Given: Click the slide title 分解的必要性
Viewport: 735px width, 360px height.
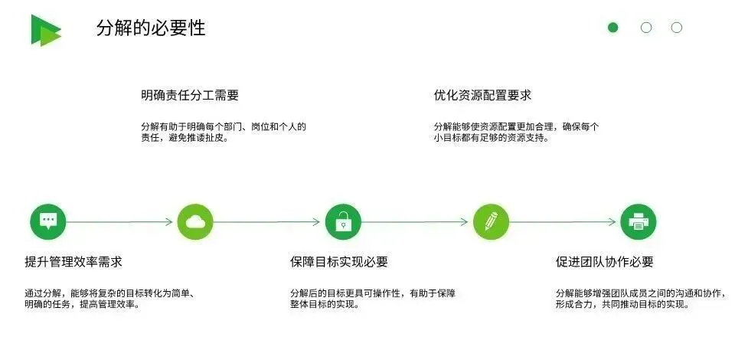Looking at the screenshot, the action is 151,28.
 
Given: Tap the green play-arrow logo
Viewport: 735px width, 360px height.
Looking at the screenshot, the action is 45,30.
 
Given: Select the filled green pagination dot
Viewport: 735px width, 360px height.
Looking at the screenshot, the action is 612,28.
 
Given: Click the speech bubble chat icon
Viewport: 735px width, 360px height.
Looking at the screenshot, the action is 48,222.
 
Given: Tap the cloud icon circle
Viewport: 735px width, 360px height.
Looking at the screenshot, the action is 195,222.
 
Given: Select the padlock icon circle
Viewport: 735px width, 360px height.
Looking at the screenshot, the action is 343,222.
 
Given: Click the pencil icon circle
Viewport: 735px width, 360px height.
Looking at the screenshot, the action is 491,222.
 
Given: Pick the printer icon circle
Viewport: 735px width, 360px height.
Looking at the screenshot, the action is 638,222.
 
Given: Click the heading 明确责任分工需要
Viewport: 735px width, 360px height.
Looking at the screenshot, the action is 190,96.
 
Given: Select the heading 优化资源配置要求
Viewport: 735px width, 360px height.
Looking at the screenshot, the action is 482,96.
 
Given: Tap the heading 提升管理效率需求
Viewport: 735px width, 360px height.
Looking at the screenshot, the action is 73,262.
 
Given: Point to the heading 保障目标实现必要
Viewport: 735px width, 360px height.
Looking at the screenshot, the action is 339,262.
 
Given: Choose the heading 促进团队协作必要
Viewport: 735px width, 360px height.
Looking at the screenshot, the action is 605,262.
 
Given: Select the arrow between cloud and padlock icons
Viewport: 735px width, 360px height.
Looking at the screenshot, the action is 269,222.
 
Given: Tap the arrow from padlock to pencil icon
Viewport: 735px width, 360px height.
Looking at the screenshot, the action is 416,222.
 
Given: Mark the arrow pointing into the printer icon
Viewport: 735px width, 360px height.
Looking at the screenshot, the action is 564,222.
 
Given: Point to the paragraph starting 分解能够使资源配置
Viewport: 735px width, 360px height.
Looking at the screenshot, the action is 517,133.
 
